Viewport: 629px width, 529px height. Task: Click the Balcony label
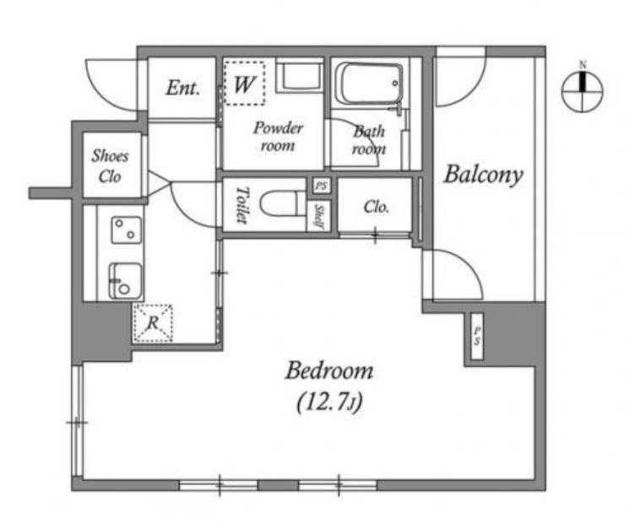point(483,175)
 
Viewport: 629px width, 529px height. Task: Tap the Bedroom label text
point(329,370)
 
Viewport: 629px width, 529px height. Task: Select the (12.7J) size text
point(329,402)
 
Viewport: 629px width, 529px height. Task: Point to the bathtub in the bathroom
point(369,84)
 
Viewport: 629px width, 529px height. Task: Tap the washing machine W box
point(244,84)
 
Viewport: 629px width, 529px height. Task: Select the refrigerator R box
point(153,323)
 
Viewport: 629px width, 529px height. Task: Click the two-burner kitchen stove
point(127,230)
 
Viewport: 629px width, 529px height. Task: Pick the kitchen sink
point(126,281)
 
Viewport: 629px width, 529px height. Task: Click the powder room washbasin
point(299,77)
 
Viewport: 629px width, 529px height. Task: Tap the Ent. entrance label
point(183,88)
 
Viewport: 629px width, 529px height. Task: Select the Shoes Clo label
point(110,166)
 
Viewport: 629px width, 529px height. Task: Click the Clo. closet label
point(376,207)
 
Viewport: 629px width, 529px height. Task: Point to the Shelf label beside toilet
point(318,216)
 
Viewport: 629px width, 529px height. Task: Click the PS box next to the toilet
point(322,186)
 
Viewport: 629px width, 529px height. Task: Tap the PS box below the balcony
point(477,336)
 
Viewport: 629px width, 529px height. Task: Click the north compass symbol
point(582,91)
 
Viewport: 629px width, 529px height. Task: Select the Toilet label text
point(241,205)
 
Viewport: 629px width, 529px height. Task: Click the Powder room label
point(278,137)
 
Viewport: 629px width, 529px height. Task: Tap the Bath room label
point(369,140)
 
